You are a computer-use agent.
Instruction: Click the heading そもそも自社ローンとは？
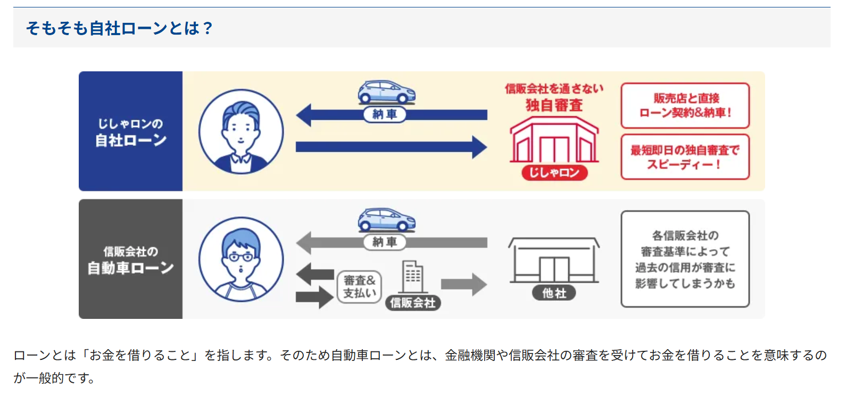(x=119, y=28)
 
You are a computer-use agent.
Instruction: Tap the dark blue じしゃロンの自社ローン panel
(x=130, y=131)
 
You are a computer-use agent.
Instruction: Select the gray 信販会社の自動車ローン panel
(x=130, y=259)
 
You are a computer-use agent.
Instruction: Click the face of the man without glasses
(x=241, y=128)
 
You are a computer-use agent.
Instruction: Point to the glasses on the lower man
(x=240, y=257)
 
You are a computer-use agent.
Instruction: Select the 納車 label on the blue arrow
(x=385, y=114)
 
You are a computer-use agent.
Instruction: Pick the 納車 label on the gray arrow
(x=385, y=242)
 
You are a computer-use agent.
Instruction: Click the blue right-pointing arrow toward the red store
(x=391, y=147)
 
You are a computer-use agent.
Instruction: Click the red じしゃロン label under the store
(x=554, y=172)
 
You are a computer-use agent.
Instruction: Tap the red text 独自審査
(x=554, y=105)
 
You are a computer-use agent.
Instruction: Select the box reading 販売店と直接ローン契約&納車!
(x=685, y=105)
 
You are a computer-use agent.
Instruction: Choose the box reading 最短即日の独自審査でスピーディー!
(x=685, y=157)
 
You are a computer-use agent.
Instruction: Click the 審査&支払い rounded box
(x=359, y=286)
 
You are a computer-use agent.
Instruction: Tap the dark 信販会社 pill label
(x=413, y=303)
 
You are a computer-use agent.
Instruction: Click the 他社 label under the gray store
(x=554, y=293)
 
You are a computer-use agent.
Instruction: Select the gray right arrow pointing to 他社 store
(x=463, y=284)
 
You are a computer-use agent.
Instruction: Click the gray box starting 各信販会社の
(x=685, y=259)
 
